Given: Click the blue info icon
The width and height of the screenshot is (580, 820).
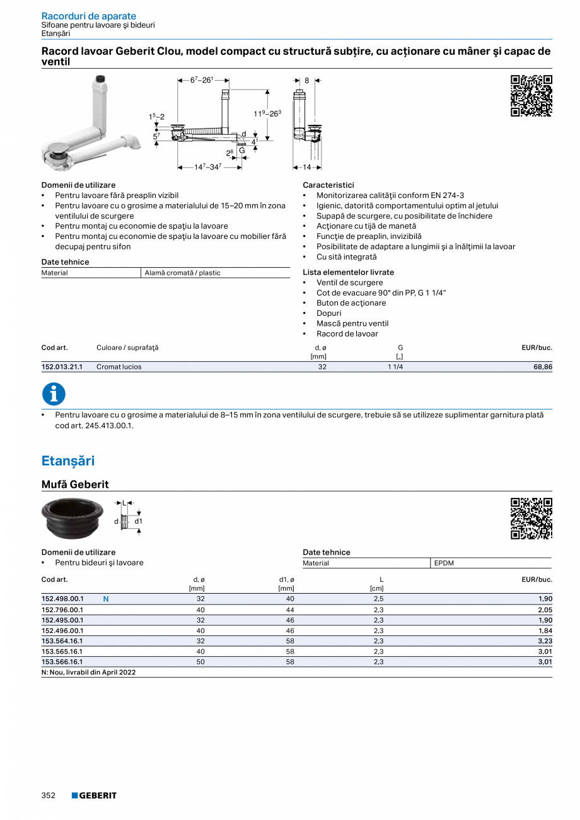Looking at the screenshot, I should pos(54,394).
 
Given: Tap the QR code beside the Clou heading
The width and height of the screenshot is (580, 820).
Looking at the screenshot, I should pos(531,96).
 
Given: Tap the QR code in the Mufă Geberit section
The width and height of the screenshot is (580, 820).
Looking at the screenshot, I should pos(531,518).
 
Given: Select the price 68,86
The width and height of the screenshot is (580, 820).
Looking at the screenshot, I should pos(542,367).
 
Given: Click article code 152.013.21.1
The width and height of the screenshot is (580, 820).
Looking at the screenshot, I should pos(62,367).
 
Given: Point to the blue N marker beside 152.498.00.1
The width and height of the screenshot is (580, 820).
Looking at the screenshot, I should pos(105,599).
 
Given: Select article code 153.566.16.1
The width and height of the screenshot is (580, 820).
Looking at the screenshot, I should pos(62,662).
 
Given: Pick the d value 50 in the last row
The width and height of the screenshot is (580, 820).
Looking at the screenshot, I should pos(200,662).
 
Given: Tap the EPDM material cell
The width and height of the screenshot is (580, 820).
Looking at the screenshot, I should pos(444,563).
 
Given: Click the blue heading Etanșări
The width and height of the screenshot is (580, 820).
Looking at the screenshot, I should pos(68,461).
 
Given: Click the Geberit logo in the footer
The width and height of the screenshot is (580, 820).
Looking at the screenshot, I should pos(94,795).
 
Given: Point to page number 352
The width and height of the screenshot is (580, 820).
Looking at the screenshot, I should pos(49,795).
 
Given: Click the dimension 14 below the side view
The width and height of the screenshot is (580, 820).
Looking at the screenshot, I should pos(307,168).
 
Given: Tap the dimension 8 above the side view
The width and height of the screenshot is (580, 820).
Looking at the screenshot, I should pos(307,81).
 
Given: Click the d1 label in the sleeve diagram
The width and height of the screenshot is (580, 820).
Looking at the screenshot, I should pos(138,521).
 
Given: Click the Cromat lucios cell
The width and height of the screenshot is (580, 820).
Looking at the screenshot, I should pos(119,367).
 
